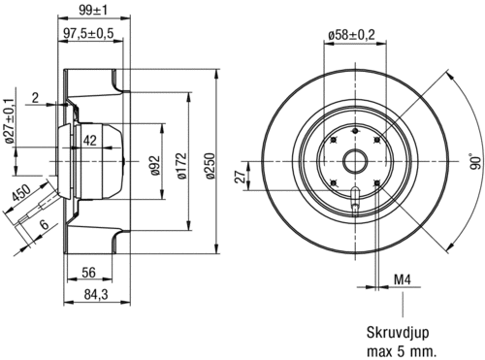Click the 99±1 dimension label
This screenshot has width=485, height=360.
pyautogui.click(x=93, y=10)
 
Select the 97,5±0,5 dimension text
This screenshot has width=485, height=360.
pyautogui.click(x=88, y=33)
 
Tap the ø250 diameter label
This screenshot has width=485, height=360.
pyautogui.click(x=210, y=166)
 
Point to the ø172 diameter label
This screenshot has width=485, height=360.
pyautogui.click(x=182, y=166)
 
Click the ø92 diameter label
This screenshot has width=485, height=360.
pyautogui.click(x=155, y=165)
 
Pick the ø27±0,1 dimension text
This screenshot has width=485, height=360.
pyautogui.click(x=10, y=120)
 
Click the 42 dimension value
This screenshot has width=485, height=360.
pyautogui.click(x=90, y=141)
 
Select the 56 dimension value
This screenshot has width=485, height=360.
pyautogui.click(x=88, y=273)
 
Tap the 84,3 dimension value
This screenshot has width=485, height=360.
pyautogui.click(x=96, y=294)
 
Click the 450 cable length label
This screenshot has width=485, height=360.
pyautogui.click(x=20, y=193)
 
